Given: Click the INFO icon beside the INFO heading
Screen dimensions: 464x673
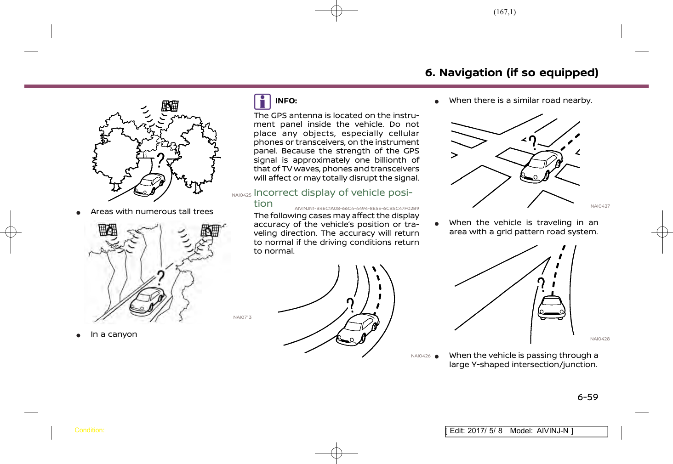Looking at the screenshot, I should point(262,102).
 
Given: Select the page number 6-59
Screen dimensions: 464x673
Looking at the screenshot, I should point(587,397).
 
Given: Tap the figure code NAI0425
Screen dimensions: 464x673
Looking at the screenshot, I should point(241,195).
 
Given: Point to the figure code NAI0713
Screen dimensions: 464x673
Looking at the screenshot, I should point(242,317).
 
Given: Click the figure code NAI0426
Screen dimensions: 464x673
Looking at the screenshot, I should point(421,356).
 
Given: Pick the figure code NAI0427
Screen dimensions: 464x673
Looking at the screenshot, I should point(600,206).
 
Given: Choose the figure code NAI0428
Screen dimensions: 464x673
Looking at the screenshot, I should point(600,339).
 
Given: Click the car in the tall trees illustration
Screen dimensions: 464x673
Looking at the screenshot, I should point(149,185).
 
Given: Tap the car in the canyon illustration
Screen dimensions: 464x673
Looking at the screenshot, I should point(147,300).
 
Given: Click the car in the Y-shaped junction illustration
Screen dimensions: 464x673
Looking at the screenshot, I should point(552,307).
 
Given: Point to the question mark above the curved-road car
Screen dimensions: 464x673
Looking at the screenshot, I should point(351,305).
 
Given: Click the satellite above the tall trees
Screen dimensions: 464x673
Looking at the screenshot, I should point(170,106).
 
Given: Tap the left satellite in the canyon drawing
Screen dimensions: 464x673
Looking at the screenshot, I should point(108,229).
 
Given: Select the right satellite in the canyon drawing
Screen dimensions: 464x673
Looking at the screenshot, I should point(210,230).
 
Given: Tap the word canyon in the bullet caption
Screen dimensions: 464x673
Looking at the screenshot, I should point(122,334).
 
